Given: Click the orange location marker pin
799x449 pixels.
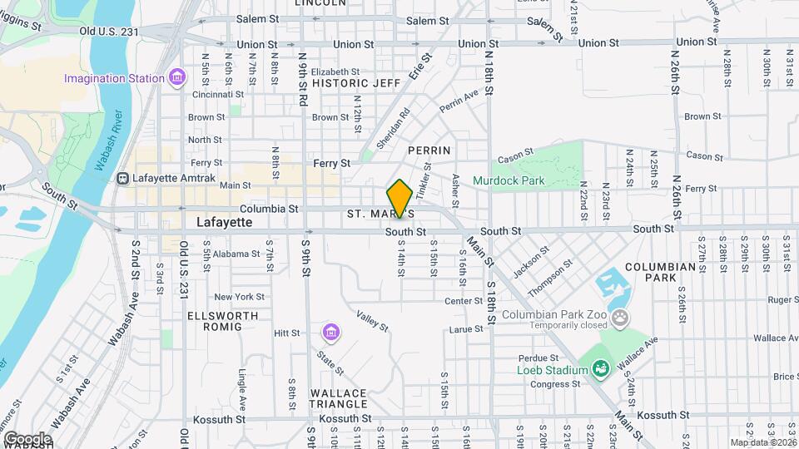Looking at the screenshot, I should pyautogui.click(x=400, y=198).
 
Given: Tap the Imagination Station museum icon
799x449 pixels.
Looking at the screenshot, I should pyautogui.click(x=176, y=78).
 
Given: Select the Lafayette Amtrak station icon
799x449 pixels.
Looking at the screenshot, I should pyautogui.click(x=123, y=178).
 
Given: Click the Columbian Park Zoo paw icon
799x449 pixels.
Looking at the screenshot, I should pyautogui.click(x=620, y=317).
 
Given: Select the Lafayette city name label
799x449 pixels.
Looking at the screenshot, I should pyautogui.click(x=224, y=223).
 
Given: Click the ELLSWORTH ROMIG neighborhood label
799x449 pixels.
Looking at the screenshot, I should pyautogui.click(x=215, y=321).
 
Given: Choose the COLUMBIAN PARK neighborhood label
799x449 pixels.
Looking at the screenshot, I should pyautogui.click(x=660, y=272).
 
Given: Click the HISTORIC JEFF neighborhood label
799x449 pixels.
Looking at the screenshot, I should pyautogui.click(x=356, y=83).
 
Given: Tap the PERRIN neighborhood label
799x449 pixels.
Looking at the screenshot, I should pyautogui.click(x=429, y=150).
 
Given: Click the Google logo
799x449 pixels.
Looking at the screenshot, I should pyautogui.click(x=27, y=439).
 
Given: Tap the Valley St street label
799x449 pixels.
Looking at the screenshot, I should pyautogui.click(x=372, y=320).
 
